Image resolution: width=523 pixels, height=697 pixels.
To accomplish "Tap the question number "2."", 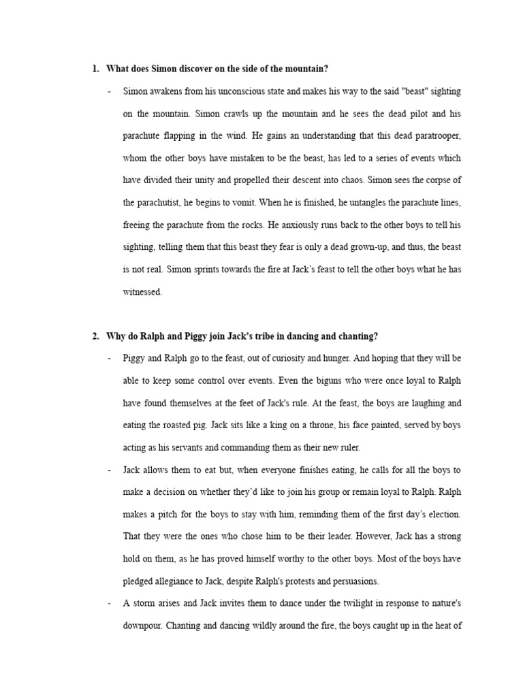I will point(96,336).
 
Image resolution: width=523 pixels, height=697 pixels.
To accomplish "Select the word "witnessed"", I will point(142,292).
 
